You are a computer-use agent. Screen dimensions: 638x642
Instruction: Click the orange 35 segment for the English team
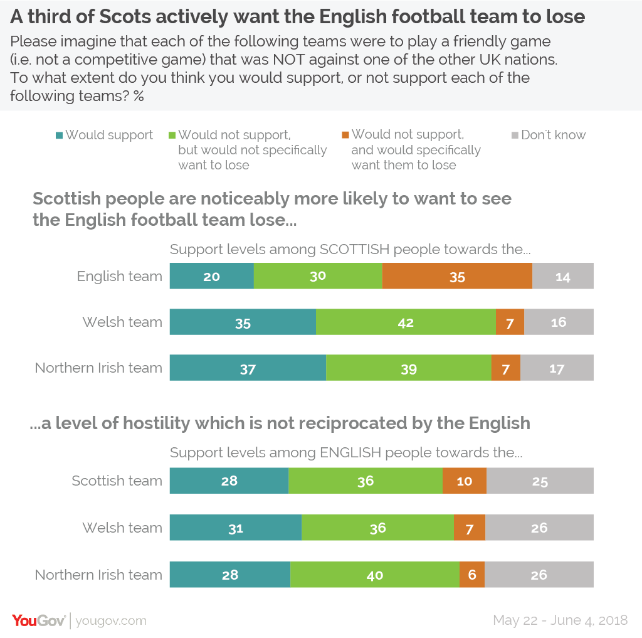click(x=457, y=276)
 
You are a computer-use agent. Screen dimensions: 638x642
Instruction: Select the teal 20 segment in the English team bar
click(x=211, y=276)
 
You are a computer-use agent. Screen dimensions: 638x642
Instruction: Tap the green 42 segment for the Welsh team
click(x=406, y=322)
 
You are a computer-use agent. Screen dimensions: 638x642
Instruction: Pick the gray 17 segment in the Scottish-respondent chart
click(x=557, y=368)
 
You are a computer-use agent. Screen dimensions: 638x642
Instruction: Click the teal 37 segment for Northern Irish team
click(x=248, y=368)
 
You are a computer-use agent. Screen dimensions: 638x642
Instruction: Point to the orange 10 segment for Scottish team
click(x=465, y=481)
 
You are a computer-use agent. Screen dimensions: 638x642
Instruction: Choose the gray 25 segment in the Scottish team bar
click(x=540, y=481)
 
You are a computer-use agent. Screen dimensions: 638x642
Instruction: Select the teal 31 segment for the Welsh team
click(x=236, y=528)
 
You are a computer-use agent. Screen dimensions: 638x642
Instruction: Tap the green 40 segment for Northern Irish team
click(x=375, y=575)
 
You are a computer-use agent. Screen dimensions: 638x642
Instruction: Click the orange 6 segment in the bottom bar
click(x=472, y=575)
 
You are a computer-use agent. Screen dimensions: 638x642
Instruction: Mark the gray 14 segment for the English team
click(x=563, y=276)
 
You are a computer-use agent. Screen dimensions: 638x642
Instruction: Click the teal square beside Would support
click(x=59, y=135)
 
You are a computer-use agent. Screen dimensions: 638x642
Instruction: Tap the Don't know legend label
click(x=553, y=135)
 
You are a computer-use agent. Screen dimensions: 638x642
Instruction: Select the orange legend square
click(x=345, y=135)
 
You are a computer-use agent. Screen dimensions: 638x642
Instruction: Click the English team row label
click(x=119, y=276)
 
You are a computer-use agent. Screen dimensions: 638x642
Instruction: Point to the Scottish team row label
click(x=117, y=481)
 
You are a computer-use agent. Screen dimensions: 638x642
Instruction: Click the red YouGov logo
click(x=38, y=620)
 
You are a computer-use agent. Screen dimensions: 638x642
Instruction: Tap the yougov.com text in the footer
click(x=111, y=620)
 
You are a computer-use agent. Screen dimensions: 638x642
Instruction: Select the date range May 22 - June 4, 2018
click(x=560, y=620)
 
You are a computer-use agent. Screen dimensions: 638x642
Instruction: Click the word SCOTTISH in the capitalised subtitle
click(x=354, y=249)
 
